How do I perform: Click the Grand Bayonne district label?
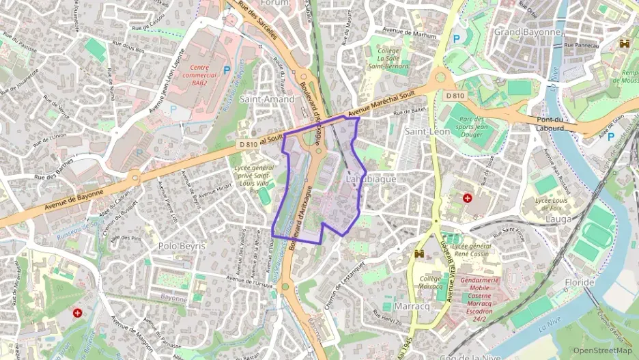(527, 32)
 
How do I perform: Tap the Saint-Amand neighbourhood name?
(271, 99)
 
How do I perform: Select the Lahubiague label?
(371, 179)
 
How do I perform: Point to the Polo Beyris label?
(181, 246)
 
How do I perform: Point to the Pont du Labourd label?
(549, 124)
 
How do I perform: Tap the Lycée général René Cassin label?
(471, 249)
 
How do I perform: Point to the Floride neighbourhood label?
(580, 282)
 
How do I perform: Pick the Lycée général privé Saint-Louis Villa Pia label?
(252, 178)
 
